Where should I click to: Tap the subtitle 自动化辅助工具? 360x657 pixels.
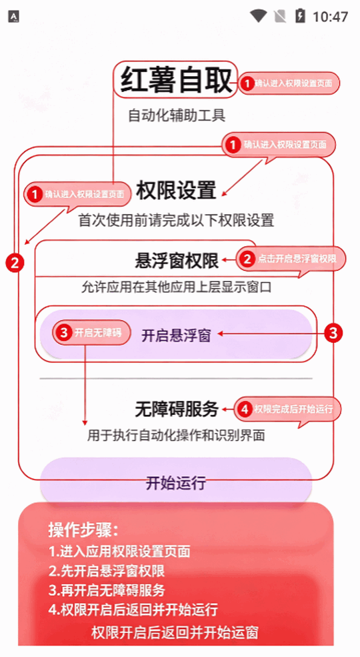(177, 115)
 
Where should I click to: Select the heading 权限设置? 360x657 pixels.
(176, 191)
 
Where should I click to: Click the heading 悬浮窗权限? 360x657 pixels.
(177, 261)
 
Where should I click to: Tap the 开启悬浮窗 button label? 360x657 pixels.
(176, 336)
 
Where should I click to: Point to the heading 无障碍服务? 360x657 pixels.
(177, 409)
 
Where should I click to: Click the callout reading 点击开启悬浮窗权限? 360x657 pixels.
(291, 259)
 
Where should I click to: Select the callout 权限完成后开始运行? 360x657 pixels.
(287, 408)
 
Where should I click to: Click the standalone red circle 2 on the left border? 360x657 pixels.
(15, 263)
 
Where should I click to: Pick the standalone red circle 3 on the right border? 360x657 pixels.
(333, 333)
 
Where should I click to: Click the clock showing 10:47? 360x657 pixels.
(330, 17)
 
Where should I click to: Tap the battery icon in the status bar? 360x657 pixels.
(300, 16)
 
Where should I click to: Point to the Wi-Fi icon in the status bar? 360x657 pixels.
(259, 16)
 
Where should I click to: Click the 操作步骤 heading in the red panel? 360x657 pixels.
(83, 530)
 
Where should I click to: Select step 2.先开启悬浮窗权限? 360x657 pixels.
(106, 570)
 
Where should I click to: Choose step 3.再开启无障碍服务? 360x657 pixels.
(106, 590)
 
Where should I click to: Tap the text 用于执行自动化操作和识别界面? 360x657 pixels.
(176, 436)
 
